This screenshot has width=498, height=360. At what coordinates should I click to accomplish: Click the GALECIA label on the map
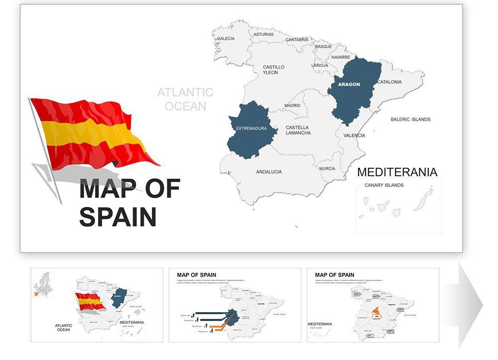226,38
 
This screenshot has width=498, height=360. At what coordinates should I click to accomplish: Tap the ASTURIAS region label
263,34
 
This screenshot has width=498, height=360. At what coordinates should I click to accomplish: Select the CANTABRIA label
297,40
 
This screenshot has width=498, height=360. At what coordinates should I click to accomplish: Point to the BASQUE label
323,46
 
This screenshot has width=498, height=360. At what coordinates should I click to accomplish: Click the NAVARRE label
341,57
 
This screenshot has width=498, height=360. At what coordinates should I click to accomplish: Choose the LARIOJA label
320,65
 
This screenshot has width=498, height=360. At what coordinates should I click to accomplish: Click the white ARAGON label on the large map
349,84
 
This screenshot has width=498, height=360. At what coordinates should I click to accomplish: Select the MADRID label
292,106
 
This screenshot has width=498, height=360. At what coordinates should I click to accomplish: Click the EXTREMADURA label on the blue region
251,128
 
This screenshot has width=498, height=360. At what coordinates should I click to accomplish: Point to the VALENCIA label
354,135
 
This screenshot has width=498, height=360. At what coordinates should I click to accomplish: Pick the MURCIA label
327,168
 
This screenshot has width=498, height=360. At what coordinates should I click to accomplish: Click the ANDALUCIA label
269,172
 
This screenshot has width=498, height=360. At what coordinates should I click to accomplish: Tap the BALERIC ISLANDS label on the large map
410,120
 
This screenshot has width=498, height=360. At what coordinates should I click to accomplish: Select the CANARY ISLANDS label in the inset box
384,185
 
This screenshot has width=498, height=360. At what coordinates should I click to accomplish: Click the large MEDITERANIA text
397,172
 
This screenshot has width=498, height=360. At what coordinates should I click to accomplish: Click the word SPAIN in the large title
118,217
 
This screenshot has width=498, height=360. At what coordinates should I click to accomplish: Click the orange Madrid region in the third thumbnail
377,314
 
